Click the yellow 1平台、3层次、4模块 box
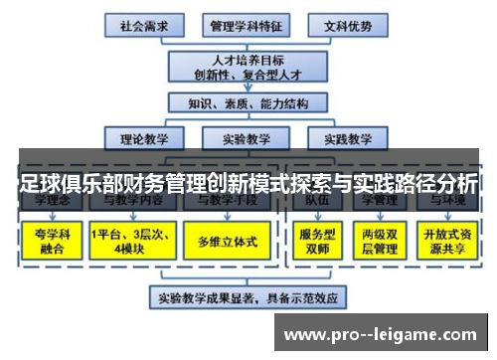(130, 241)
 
